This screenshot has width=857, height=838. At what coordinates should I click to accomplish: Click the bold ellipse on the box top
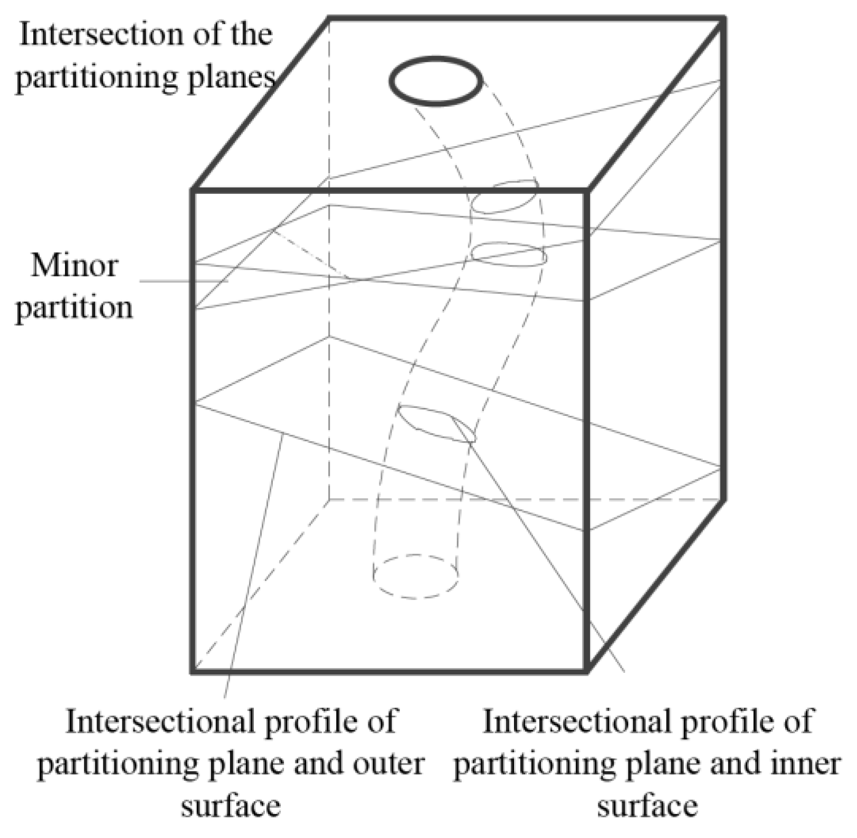tap(436, 81)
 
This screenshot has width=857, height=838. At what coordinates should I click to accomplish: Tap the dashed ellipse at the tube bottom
tap(415, 576)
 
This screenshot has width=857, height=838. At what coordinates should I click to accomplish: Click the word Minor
tap(74, 265)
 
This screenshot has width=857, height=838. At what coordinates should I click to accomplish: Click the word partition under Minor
tap(74, 308)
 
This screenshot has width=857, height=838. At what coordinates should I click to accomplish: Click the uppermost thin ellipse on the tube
tap(504, 196)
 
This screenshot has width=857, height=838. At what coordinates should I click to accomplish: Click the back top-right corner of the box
tap(723, 20)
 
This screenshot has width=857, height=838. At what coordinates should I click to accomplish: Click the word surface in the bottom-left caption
tap(231, 806)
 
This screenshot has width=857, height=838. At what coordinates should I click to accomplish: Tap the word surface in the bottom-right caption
tap(647, 806)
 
